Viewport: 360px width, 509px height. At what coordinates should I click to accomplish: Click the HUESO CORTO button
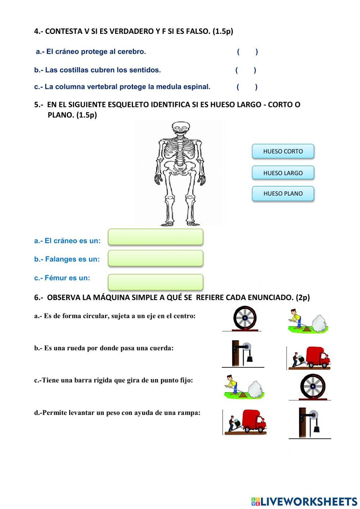283,151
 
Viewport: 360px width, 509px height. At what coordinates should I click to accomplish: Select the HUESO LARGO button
283,173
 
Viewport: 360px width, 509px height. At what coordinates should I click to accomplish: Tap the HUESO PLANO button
283,193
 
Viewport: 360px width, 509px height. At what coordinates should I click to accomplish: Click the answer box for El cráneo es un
156,237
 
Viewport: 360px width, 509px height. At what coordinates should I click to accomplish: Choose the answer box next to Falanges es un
156,258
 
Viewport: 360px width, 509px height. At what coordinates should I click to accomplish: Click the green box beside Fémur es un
156,282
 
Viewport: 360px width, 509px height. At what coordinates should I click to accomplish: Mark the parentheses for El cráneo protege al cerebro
247,52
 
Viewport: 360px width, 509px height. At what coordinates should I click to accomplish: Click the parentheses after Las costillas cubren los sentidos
246,70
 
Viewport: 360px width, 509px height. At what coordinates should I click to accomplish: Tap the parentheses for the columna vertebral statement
247,87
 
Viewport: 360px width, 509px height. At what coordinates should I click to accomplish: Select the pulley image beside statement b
243,353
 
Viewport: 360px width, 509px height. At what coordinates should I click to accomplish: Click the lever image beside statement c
244,387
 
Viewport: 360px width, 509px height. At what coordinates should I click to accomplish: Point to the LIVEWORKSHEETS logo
304,501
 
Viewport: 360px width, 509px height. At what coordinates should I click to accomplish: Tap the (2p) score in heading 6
302,298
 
